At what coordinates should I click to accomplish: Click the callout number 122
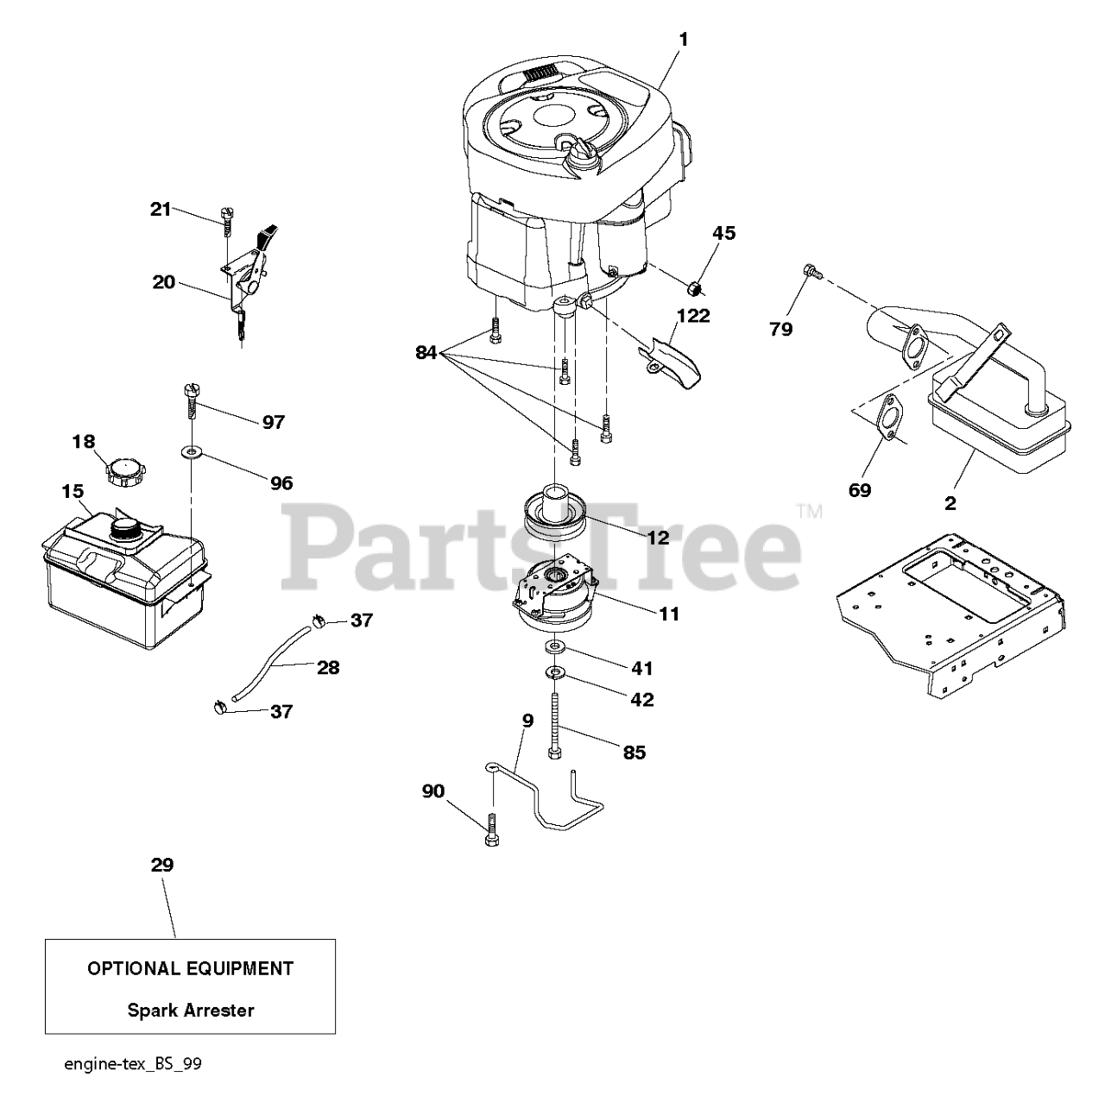[x=693, y=316]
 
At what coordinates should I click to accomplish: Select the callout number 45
[x=723, y=233]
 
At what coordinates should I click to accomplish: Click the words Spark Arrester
[x=191, y=1010]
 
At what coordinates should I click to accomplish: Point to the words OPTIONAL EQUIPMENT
[x=191, y=968]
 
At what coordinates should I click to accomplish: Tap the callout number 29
[x=162, y=865]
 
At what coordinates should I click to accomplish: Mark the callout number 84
[x=426, y=352]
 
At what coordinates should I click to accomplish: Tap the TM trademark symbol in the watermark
[x=809, y=511]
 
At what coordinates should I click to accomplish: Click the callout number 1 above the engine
[x=683, y=40]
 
